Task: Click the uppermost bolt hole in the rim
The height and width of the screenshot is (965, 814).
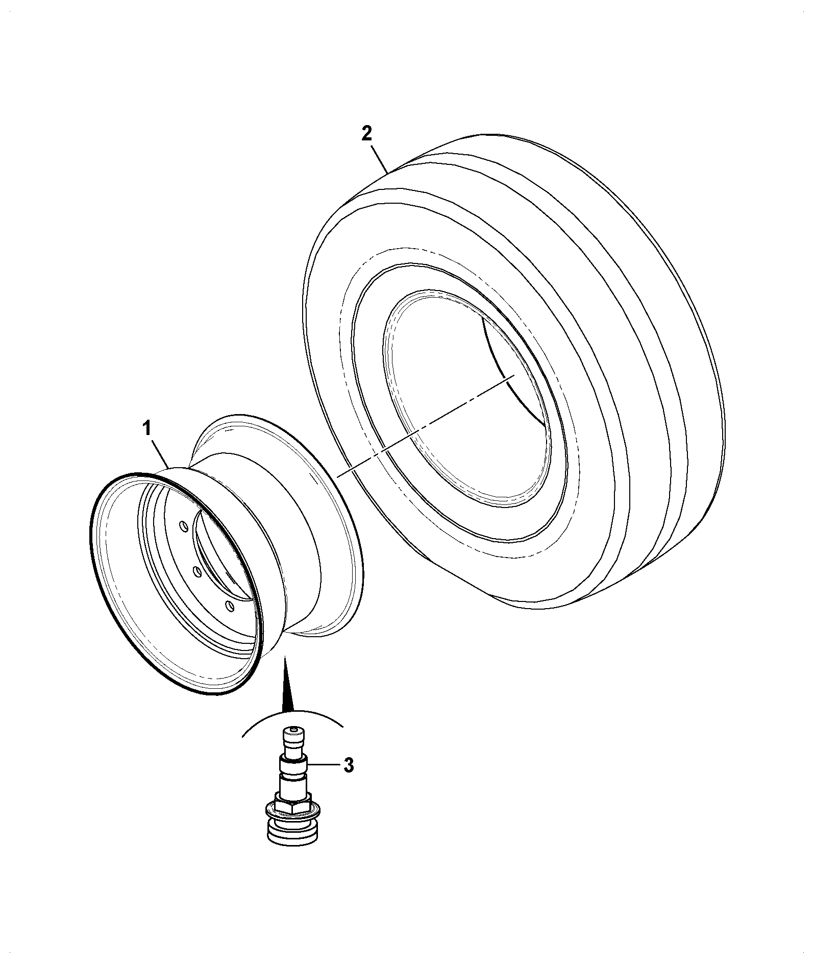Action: pyautogui.click(x=183, y=526)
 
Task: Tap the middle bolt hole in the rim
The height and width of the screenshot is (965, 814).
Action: pyautogui.click(x=196, y=572)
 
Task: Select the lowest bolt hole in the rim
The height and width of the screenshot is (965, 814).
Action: pyautogui.click(x=230, y=607)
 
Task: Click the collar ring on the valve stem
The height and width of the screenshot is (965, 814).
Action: pyautogui.click(x=293, y=768)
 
